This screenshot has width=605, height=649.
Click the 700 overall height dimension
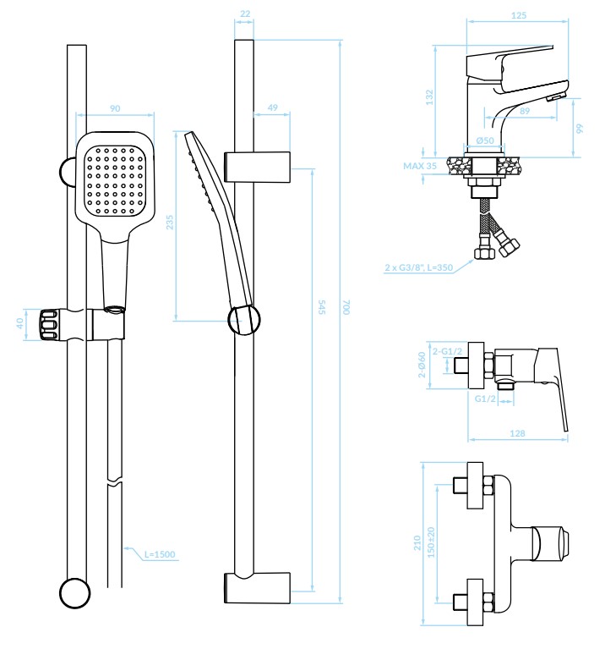pos(346,306)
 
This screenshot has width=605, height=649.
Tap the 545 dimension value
pos(322,306)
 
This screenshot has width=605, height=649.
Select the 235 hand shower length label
pos(170,223)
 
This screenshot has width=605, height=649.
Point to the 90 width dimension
pos(115,108)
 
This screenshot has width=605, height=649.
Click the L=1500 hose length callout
pos(160,553)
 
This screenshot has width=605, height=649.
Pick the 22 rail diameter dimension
pos(245,14)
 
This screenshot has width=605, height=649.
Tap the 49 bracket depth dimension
pos(272,107)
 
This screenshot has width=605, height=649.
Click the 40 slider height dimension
pos(19,324)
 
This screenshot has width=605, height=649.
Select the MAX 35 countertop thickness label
pos(420,166)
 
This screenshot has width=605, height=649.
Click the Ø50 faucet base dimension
pos(485,140)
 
